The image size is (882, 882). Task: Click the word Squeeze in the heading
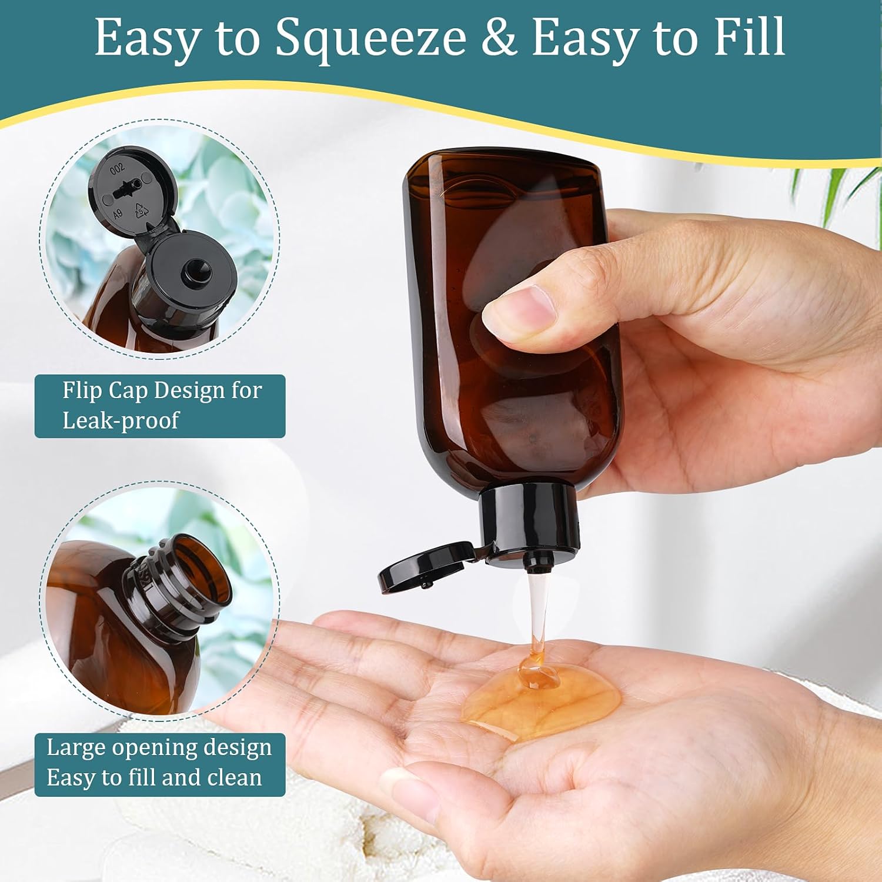pos(371,38)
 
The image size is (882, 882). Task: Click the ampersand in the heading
pos(499,38)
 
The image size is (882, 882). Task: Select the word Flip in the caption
pos(81,390)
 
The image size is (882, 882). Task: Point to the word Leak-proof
pos(121,420)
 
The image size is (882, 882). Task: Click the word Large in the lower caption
pos(75,748)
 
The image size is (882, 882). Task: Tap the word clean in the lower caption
pos(235,778)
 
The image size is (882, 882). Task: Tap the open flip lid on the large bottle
pos(423,567)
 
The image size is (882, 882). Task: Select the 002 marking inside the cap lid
pos(118,169)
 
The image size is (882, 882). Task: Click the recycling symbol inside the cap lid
pos(142,210)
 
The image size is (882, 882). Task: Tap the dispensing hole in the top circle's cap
pos(192,272)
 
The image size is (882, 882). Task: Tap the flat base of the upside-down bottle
pos(503,162)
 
